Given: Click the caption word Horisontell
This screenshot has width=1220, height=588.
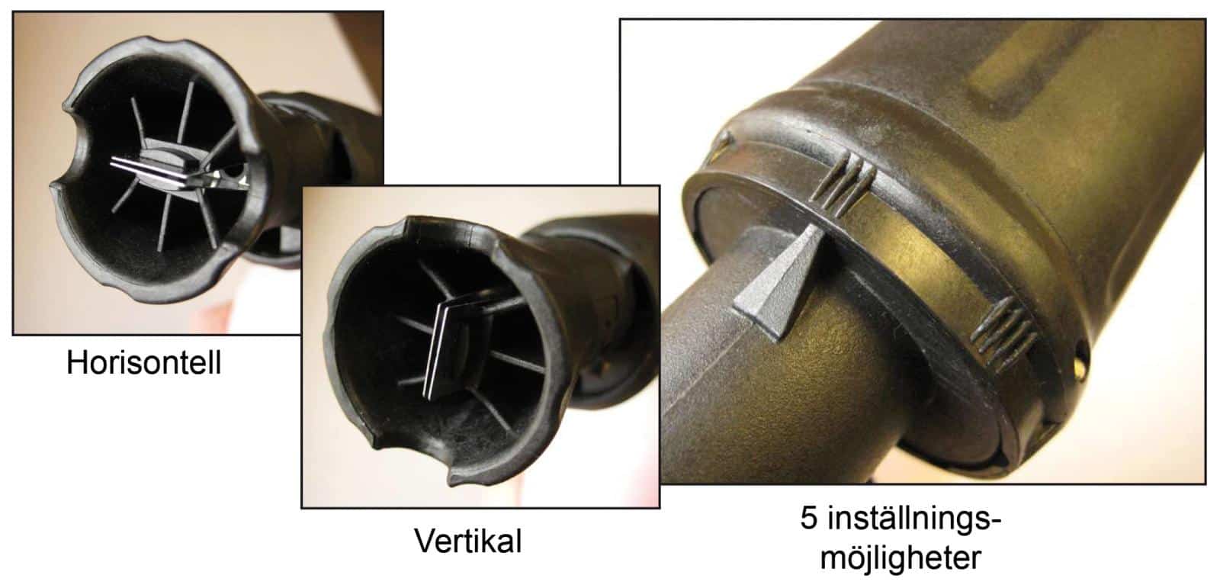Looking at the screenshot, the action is pos(144,362).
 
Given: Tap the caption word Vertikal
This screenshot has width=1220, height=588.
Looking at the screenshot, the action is pos(468,541).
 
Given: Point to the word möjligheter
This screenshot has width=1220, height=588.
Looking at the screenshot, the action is pos(901,557).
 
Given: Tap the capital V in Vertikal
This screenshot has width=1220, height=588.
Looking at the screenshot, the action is pos(425,541).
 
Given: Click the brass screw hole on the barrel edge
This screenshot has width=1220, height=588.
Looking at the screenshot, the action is pos(1081,362).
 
